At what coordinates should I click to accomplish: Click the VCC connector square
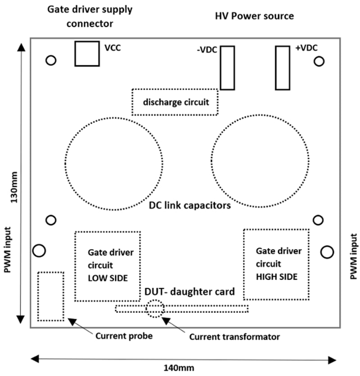pos(87,54)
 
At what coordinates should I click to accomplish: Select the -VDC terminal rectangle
pos(227,68)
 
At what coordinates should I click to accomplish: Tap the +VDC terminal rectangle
pos(283,68)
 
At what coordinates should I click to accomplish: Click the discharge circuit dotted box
pos(175,102)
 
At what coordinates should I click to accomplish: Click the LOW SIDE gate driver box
pos(108,266)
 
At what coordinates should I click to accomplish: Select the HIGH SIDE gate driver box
pos(277,264)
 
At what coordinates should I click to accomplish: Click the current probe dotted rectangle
pos(50,296)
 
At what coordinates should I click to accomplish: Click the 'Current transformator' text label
pos(234,336)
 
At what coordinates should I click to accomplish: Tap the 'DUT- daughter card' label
pos(189,292)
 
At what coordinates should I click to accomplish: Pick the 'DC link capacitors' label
pos(189,206)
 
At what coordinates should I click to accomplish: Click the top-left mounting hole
pos(51,60)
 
